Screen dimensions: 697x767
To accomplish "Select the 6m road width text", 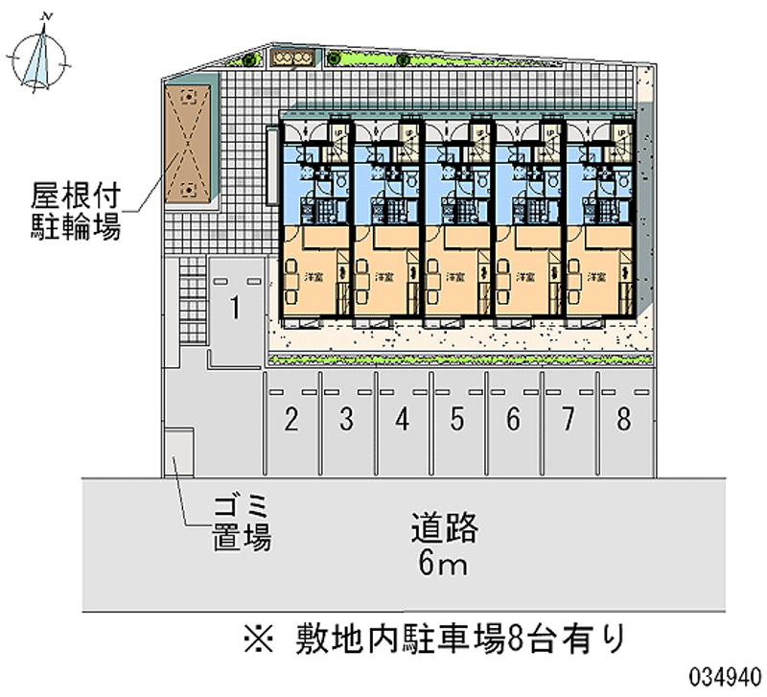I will click(442, 565).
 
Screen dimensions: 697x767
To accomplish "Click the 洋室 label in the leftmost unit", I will click(314, 275).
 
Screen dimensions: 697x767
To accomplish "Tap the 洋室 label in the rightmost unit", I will click(597, 275).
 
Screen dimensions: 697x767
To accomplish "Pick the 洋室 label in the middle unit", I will click(455, 275).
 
